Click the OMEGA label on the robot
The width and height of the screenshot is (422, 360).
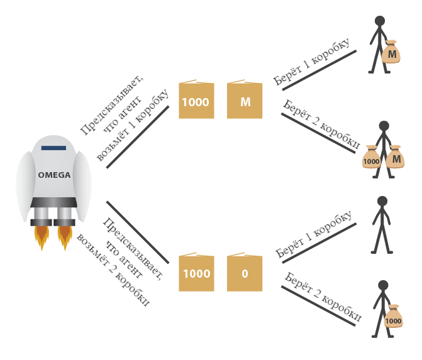[x=54, y=175]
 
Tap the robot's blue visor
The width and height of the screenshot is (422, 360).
[x=54, y=148]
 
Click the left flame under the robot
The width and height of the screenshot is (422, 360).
[x=42, y=236]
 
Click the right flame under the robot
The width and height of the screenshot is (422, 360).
[x=65, y=236]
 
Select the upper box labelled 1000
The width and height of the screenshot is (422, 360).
[x=196, y=101]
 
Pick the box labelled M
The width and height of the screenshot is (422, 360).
[x=245, y=101]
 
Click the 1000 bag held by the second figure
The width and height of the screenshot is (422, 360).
[x=372, y=158]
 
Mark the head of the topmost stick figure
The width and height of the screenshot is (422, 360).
[x=380, y=21]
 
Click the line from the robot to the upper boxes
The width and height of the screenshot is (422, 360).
[x=138, y=137]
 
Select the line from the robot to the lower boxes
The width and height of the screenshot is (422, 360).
[x=138, y=232]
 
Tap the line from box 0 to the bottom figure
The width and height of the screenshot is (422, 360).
[x=318, y=306]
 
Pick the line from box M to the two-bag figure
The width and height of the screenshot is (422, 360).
[x=318, y=133]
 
